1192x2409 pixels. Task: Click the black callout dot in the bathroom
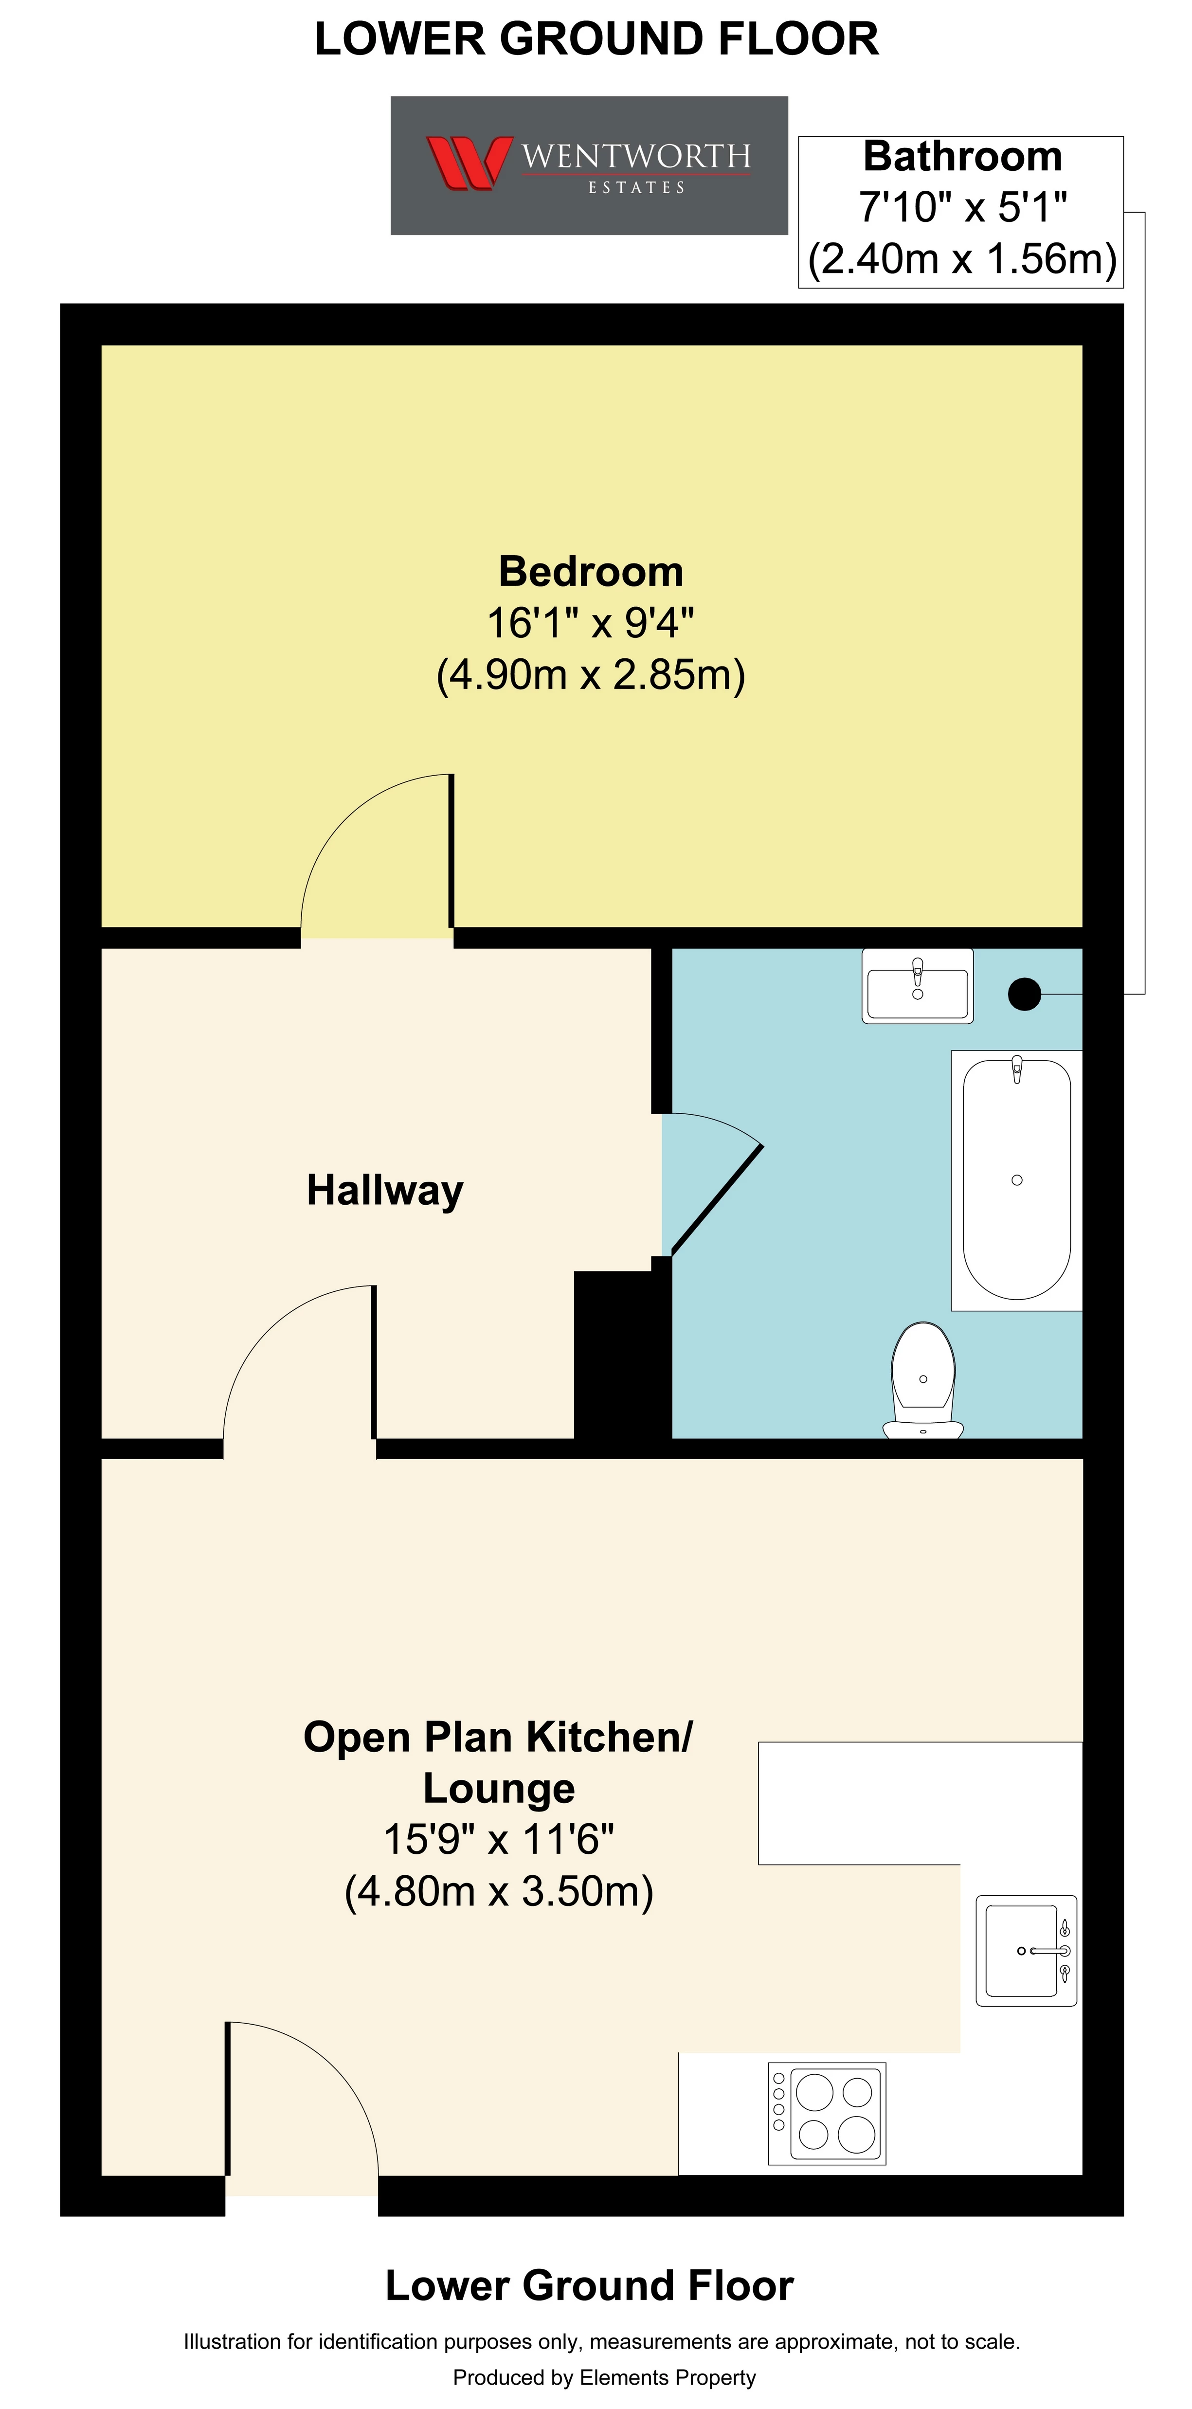[1025, 993]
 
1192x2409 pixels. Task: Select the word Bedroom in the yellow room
[591, 571]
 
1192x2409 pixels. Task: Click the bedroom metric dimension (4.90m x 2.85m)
[591, 674]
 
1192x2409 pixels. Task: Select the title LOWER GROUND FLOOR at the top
[596, 39]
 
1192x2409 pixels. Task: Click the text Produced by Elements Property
[604, 2377]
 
